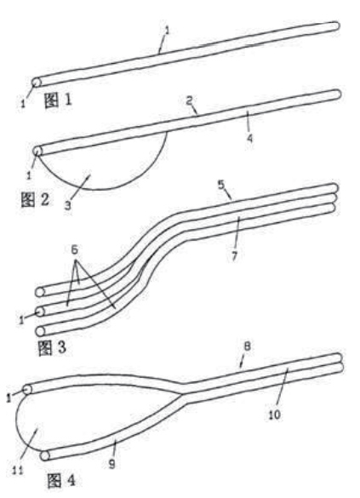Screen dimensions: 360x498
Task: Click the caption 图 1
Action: click(58, 100)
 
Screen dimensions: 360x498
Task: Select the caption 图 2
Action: click(35, 199)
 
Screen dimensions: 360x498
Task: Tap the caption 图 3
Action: click(52, 347)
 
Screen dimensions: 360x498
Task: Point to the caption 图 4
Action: click(61, 480)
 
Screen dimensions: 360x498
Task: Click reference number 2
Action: click(189, 100)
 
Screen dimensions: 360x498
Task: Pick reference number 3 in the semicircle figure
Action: click(67, 206)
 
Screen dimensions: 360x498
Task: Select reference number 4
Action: click(250, 139)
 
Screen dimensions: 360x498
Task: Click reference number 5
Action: click(221, 185)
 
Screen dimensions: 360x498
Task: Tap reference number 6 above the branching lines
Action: click(74, 249)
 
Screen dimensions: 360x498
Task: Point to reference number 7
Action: click(235, 256)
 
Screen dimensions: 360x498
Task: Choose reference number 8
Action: click(247, 346)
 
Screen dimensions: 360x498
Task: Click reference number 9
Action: click(111, 464)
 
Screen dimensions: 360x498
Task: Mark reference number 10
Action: click(275, 415)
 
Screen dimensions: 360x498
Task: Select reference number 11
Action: click(18, 470)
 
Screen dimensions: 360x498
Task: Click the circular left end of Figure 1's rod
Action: click(37, 83)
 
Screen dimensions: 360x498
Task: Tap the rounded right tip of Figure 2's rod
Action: click(337, 94)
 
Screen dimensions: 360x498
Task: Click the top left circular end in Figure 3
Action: click(40, 292)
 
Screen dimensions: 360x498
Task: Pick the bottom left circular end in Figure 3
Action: click(40, 331)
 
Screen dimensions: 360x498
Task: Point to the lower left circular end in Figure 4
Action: click(45, 455)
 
